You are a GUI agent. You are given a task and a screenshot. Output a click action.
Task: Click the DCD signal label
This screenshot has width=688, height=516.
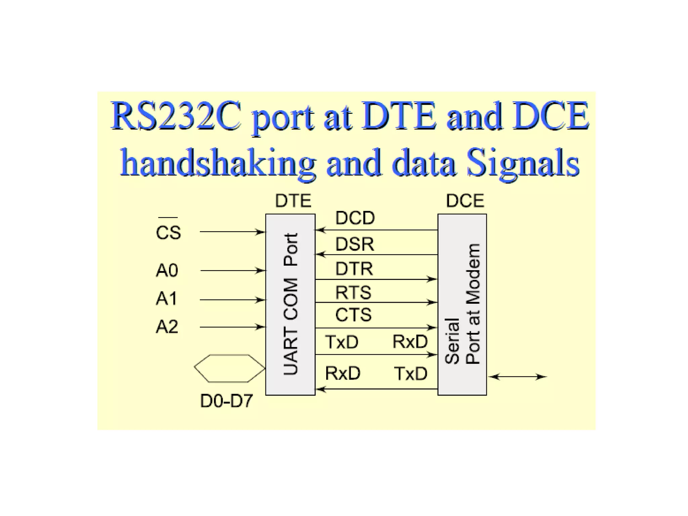355,218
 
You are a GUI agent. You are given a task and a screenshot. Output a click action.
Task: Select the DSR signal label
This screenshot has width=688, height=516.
354,244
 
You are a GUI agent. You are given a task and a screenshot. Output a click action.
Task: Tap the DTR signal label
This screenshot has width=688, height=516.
354,269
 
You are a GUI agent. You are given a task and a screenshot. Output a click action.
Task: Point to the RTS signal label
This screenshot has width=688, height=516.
353,292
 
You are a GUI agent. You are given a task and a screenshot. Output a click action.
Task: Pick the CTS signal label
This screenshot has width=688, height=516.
353,315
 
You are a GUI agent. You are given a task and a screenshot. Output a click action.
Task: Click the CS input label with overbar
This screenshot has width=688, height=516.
168,232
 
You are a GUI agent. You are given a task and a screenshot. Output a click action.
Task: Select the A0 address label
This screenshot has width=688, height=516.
167,270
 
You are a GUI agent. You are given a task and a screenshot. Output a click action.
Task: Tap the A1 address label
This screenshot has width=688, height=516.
166,299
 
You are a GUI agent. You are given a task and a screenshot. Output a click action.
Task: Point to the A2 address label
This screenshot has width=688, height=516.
167,327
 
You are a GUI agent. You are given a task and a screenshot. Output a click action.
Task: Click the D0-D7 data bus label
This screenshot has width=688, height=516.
226,401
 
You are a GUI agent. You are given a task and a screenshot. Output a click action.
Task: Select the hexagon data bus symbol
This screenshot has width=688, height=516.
229,368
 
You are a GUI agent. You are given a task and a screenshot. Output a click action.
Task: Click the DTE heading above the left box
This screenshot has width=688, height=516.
293,201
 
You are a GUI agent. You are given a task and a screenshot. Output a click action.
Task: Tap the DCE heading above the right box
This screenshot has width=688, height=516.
465,201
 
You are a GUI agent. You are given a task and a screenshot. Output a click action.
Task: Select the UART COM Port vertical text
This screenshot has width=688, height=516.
291,304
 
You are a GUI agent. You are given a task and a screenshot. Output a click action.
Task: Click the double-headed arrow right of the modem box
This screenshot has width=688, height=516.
517,377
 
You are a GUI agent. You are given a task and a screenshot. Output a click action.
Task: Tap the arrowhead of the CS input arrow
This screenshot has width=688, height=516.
261,232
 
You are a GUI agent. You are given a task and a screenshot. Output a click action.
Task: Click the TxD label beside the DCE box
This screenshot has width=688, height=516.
411,374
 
